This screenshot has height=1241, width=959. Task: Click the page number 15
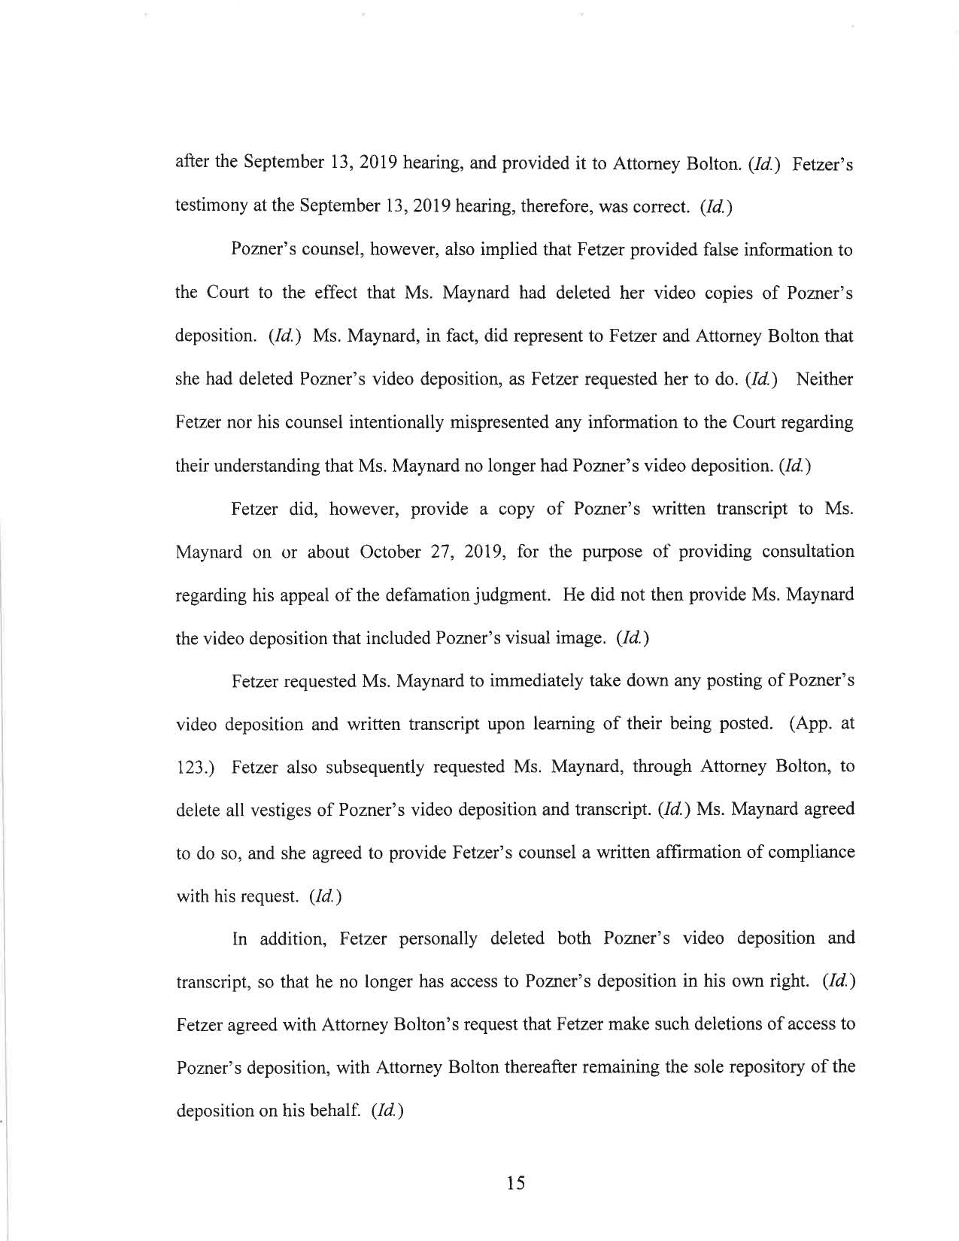515,1183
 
